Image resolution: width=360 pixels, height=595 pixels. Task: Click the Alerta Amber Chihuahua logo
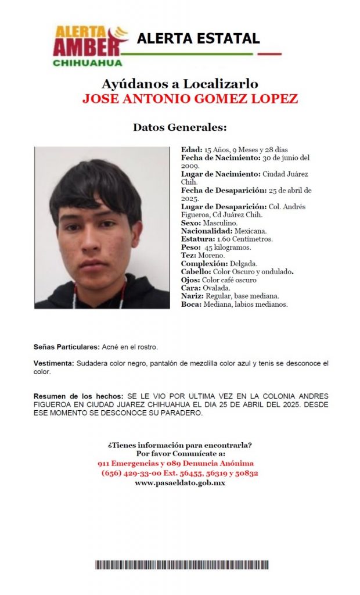pos(91,46)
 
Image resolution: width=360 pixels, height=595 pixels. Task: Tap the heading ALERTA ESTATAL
pos(198,39)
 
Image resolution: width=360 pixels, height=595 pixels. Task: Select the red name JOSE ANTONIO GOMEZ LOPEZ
pos(190,99)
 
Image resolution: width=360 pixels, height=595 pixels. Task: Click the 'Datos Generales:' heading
pos(179,127)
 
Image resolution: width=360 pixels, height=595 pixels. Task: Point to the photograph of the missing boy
pos(102,227)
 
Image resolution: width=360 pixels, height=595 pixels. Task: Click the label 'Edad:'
pos(192,149)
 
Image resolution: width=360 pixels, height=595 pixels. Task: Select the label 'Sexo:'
pos(191,223)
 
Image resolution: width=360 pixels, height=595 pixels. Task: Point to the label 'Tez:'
pos(189,255)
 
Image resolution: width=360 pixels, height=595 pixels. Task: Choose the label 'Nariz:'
pos(191,296)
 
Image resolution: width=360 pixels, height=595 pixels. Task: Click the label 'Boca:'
pos(190,304)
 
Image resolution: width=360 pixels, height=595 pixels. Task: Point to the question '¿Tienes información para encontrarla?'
pos(179,445)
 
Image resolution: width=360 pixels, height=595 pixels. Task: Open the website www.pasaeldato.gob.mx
pos(179,483)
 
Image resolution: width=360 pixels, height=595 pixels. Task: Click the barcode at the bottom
pos(182,565)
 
